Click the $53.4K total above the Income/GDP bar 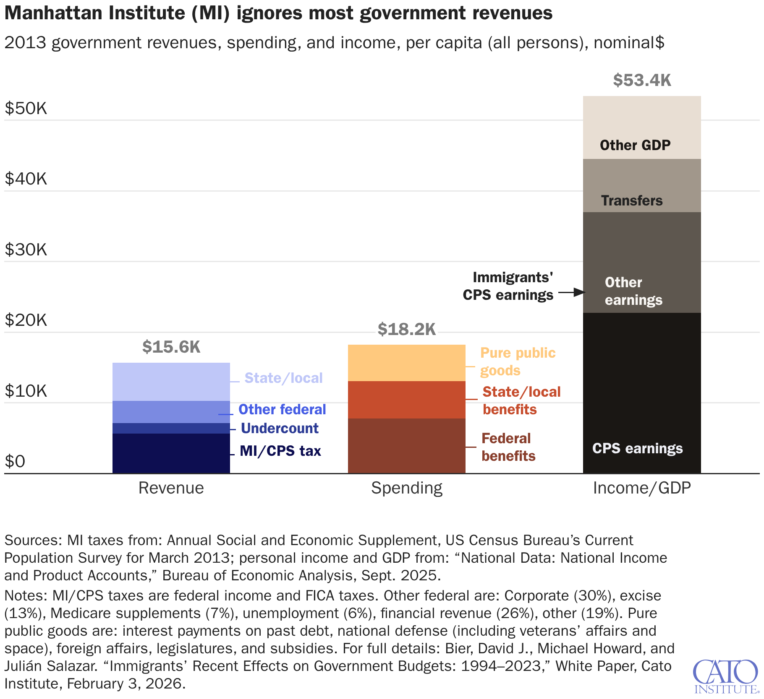[642, 80]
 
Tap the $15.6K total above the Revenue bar [171, 347]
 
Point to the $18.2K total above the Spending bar [406, 329]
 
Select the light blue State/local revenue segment [171, 382]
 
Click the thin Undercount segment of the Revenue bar [171, 428]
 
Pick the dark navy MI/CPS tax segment [171, 453]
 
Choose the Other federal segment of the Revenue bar [171, 412]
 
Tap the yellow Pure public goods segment [406, 363]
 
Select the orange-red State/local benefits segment [406, 400]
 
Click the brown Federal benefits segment [406, 446]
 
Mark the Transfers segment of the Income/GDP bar [642, 185]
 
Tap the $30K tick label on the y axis [26, 250]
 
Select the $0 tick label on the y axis [15, 462]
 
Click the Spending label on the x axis [406, 488]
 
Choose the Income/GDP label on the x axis [642, 488]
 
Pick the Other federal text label [282, 409]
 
